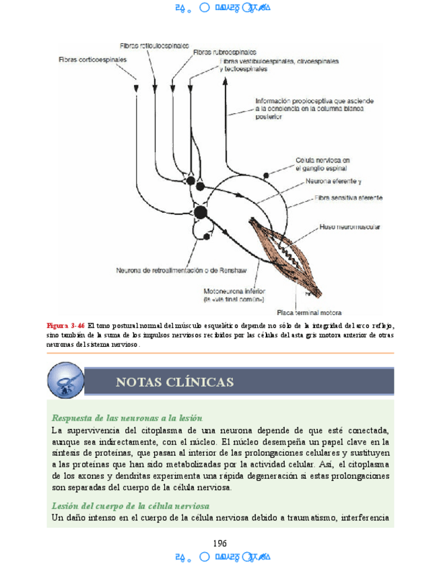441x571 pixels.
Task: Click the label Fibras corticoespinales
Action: [92, 59]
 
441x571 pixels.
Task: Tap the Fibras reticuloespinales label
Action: [154, 46]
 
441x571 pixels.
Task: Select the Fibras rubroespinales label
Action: [224, 51]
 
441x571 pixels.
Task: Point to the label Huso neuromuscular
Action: [349, 227]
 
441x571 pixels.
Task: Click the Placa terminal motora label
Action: [310, 312]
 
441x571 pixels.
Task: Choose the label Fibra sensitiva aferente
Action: [349, 198]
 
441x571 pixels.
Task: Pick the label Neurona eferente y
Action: [333, 181]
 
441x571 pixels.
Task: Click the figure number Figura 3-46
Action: [65, 326]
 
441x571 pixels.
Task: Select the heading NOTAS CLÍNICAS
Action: [174, 382]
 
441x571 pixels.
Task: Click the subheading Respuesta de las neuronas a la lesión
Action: [127, 418]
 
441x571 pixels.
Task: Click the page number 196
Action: [219, 543]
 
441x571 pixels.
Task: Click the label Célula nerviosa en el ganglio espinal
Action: [323, 164]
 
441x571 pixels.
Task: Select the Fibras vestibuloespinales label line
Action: [279, 61]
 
